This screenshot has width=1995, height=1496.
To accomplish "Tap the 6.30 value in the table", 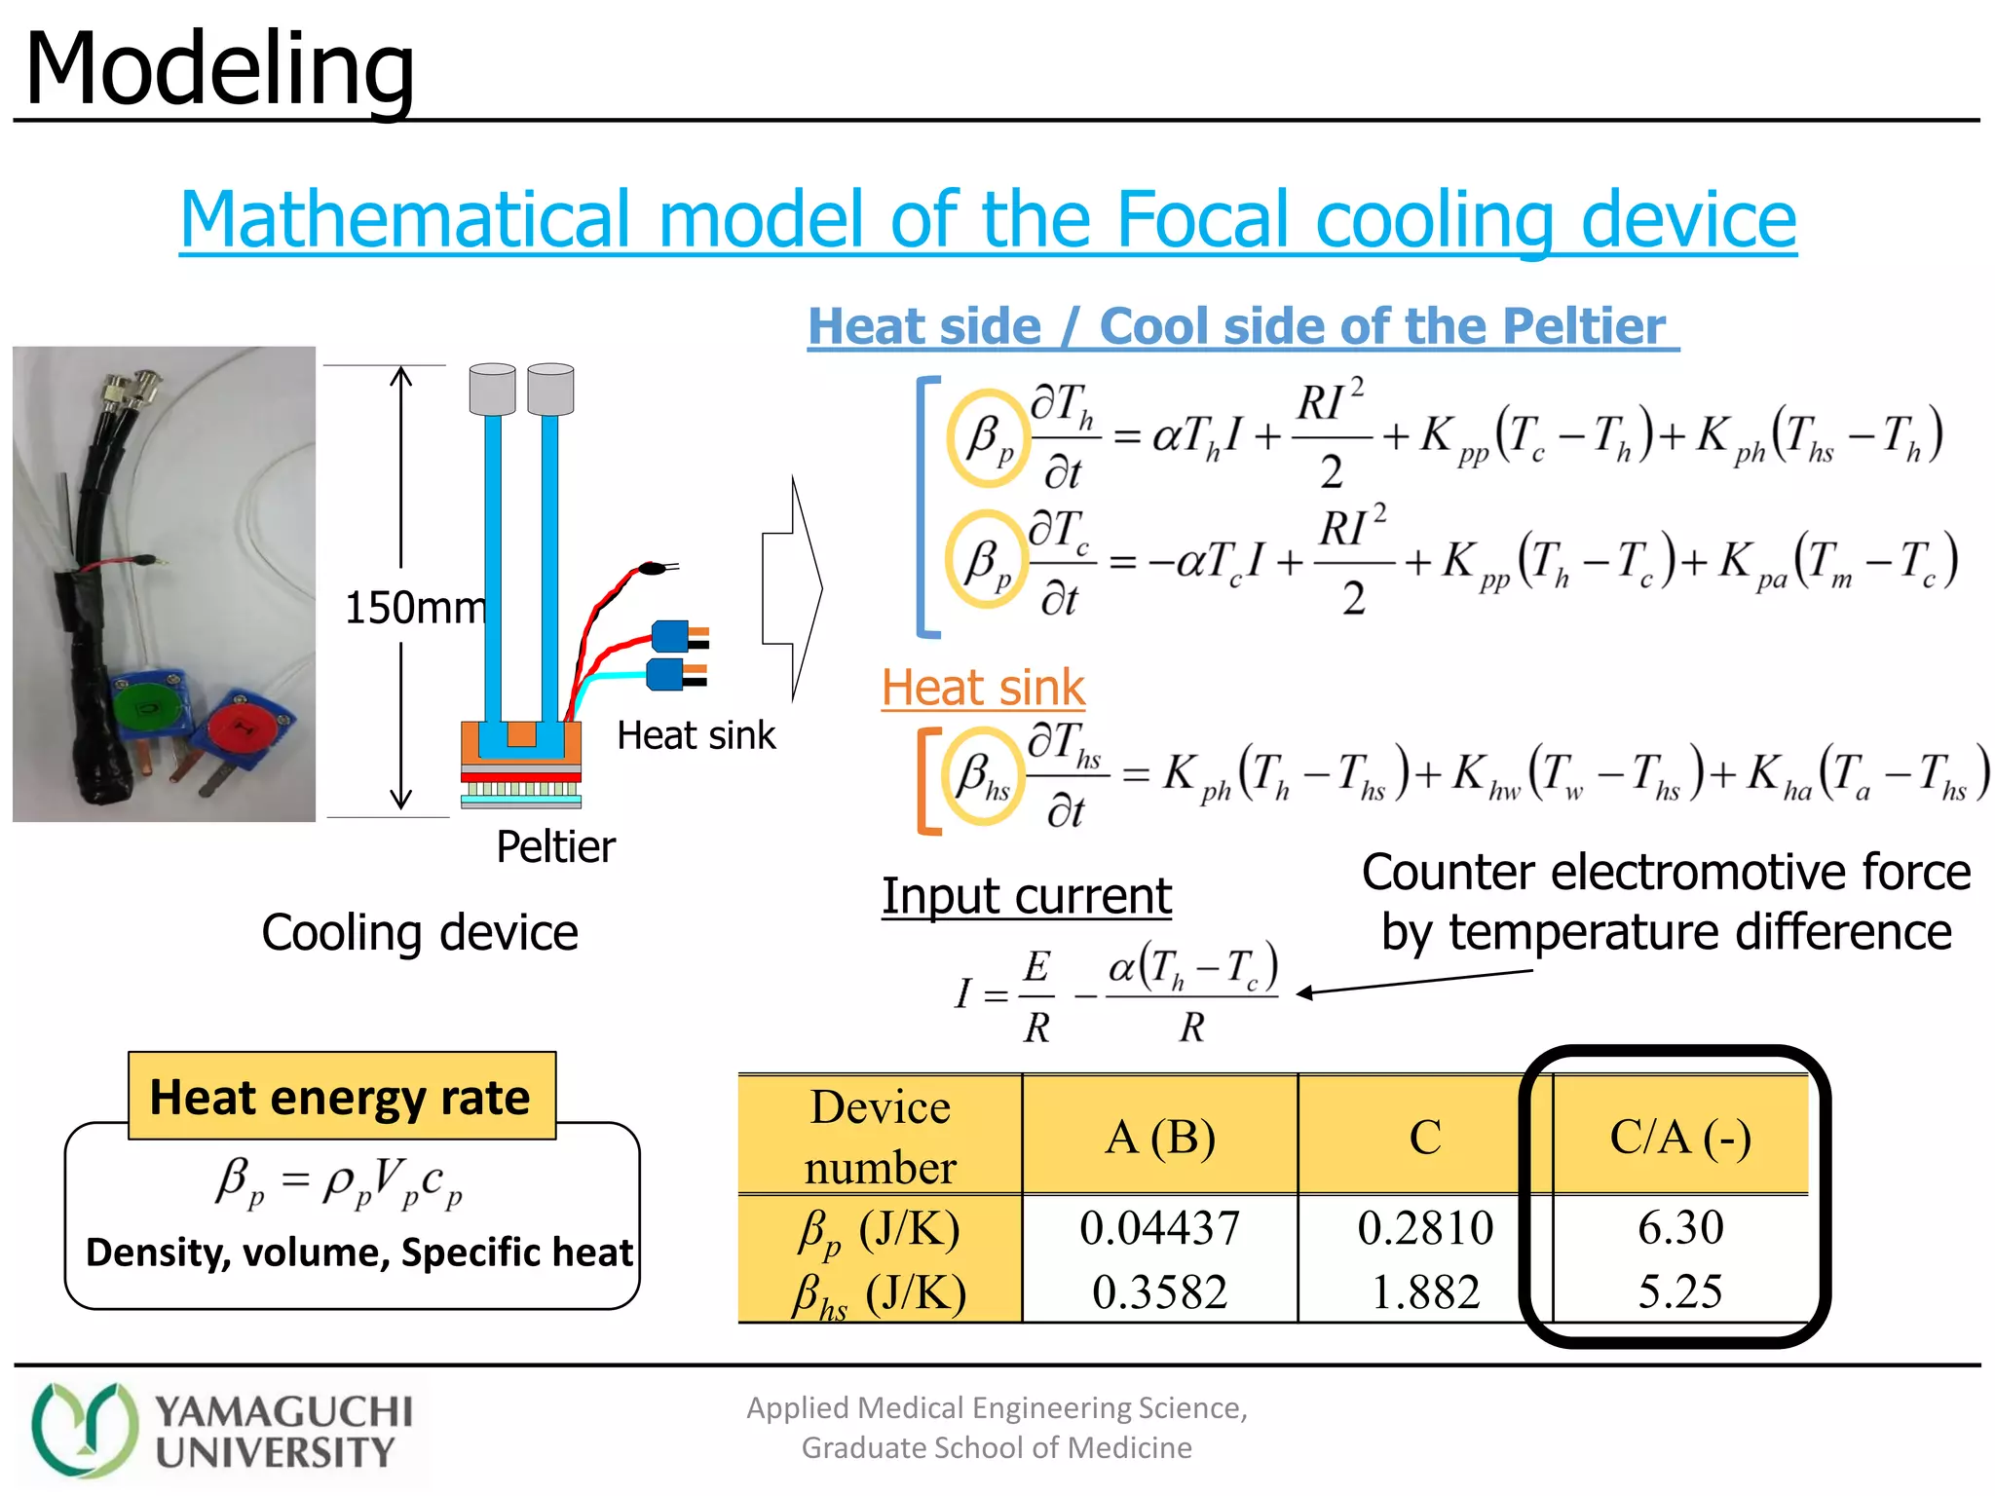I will [x=1680, y=1227].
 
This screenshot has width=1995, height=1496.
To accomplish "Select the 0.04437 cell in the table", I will [x=1159, y=1227].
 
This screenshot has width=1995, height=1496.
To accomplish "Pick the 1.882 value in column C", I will [x=1425, y=1292].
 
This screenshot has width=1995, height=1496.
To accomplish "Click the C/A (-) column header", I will [x=1680, y=1137].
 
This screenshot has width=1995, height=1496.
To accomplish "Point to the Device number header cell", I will [x=881, y=1137].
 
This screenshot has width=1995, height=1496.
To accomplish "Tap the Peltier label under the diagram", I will [x=555, y=846].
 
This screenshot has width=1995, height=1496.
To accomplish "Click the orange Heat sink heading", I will [x=983, y=688].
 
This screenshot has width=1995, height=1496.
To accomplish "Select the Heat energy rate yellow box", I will [x=341, y=1097].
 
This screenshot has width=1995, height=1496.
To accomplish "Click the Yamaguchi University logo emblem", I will [x=84, y=1430].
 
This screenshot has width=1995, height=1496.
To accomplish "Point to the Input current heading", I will [x=1027, y=896].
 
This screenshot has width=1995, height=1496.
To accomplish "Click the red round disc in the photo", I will [x=240, y=727].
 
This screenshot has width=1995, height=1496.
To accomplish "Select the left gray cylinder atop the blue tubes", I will [x=492, y=389].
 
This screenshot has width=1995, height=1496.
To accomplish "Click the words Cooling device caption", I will [x=420, y=933].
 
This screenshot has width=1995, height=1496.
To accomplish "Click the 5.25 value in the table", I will [x=1680, y=1292].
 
